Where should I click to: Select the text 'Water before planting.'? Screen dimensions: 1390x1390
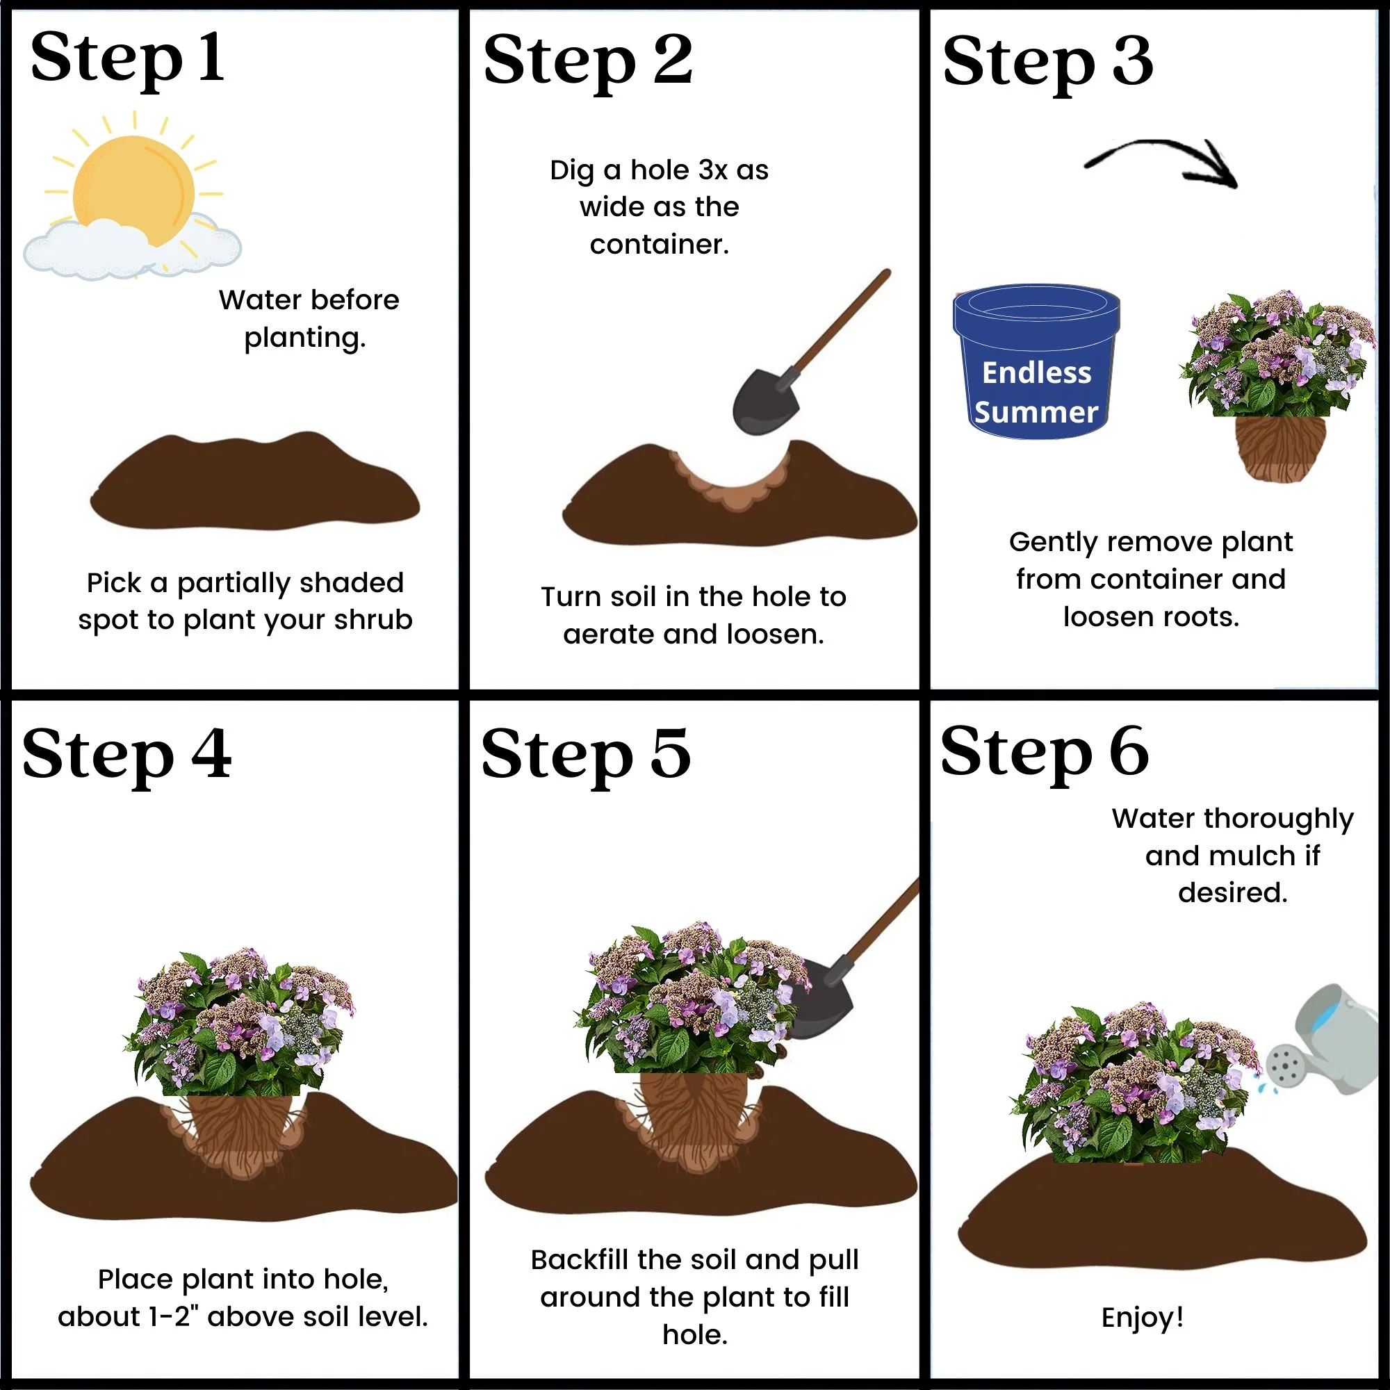tap(308, 318)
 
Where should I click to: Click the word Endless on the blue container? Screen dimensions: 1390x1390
tap(1037, 373)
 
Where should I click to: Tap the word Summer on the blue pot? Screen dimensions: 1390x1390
tap(1036, 412)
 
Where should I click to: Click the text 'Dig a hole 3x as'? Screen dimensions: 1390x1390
tap(659, 170)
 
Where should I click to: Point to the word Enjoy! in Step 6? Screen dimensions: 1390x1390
tap(1143, 1317)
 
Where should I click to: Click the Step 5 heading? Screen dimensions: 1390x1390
tap(585, 754)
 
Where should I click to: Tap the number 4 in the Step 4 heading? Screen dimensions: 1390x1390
tap(211, 753)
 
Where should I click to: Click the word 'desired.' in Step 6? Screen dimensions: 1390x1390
tap(1232, 892)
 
